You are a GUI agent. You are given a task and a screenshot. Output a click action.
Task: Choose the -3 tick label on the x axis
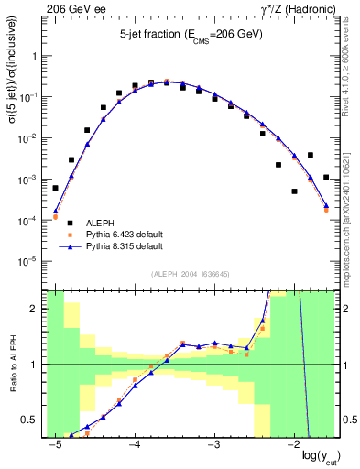pyautogui.click(x=214, y=444)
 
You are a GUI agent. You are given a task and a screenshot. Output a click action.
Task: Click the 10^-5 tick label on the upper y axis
pyautogui.click(x=31, y=263)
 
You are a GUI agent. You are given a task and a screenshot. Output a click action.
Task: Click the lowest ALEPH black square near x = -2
pyautogui.click(x=294, y=191)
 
